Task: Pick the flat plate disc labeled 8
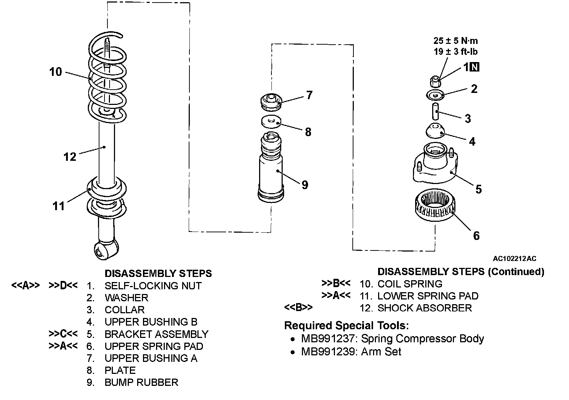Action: (x=271, y=121)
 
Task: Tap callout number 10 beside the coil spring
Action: (x=56, y=72)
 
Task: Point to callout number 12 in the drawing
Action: (x=70, y=157)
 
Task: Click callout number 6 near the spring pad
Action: (x=476, y=236)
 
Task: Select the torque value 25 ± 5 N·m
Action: (x=456, y=41)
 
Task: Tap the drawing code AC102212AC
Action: (x=514, y=259)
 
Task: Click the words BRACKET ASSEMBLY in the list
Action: (x=156, y=334)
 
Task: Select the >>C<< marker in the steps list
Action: (x=63, y=334)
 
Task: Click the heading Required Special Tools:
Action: (x=346, y=326)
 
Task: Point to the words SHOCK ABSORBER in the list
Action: (x=425, y=308)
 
